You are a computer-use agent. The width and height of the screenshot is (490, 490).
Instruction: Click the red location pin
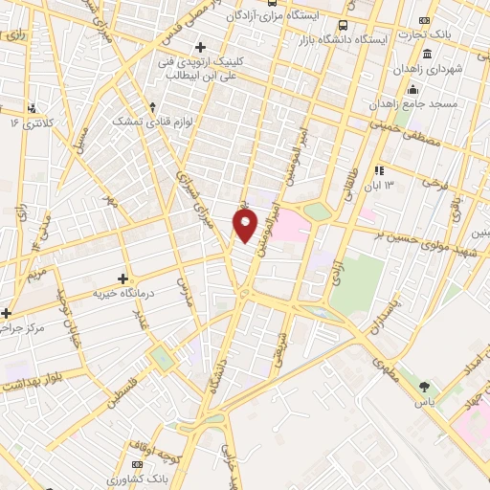[246, 225]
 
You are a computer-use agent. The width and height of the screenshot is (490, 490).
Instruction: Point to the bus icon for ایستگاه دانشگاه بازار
[344, 26]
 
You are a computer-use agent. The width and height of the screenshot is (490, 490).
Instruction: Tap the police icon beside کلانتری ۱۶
[33, 107]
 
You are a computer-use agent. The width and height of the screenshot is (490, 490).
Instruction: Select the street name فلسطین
[123, 391]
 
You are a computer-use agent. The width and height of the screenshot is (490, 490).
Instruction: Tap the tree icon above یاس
[423, 387]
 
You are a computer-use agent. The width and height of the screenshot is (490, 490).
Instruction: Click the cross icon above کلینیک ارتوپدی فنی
[200, 47]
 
